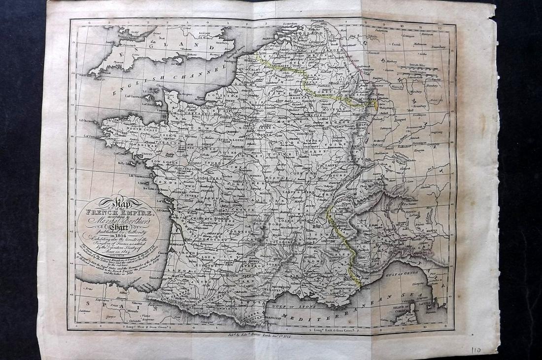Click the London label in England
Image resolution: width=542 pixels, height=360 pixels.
[204, 35]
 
